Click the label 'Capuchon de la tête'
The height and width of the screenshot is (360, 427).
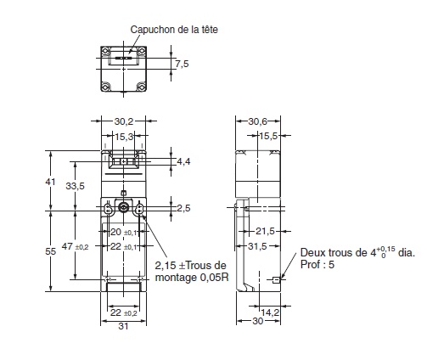pyautogui.click(x=173, y=29)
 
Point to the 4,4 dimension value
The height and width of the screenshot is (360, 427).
pyautogui.click(x=183, y=161)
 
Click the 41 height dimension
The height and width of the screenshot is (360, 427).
pyautogui.click(x=49, y=182)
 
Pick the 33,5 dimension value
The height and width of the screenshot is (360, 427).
pyautogui.click(x=76, y=187)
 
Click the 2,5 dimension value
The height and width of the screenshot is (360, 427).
pyautogui.click(x=183, y=208)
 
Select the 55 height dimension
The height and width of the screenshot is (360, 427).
pyautogui.click(x=49, y=251)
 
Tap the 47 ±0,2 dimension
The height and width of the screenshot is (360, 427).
pyautogui.click(x=81, y=246)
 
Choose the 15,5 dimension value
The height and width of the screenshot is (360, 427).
pyautogui.click(x=268, y=135)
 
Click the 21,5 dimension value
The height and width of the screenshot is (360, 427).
pyautogui.click(x=266, y=230)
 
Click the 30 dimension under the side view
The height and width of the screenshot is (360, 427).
pyautogui.click(x=256, y=322)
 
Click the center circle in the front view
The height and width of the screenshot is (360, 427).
pyautogui.click(x=124, y=208)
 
